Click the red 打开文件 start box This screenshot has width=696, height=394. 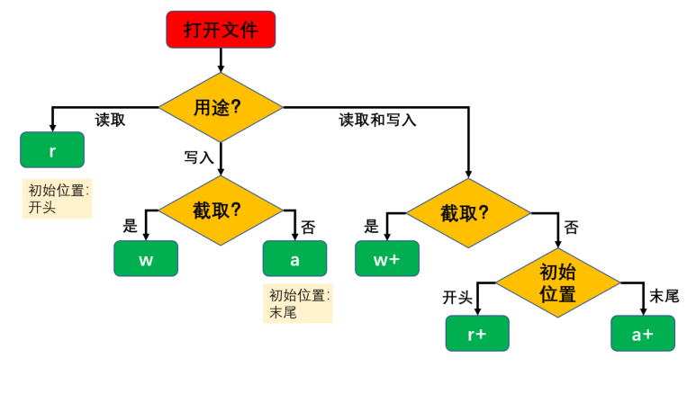pos(221,30)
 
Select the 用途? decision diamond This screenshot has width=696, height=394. pos(221,107)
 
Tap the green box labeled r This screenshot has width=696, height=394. pos(52,150)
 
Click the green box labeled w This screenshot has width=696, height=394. pos(146,259)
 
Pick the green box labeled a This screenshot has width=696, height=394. pos(294,259)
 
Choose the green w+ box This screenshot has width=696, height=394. pos(386,259)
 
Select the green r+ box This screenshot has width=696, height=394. pos(477,333)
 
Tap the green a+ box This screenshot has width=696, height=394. pos(642,333)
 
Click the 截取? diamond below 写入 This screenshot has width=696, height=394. pos(221,210)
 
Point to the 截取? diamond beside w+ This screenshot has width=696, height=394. pos(467,212)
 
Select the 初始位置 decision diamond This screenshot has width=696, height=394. pos(557,282)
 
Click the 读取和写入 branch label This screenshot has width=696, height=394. pos(377,120)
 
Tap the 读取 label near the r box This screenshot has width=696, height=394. pos(110,120)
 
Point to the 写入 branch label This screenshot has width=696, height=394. pos(199,157)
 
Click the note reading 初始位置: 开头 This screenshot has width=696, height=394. pos(58,199)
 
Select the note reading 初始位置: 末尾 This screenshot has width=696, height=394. pos(298,304)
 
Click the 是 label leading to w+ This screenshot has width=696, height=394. pos(372,227)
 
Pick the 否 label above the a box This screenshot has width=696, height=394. pos(308,228)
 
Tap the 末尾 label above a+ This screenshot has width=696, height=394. pos(664,296)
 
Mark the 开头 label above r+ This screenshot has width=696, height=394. pos(457,297)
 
